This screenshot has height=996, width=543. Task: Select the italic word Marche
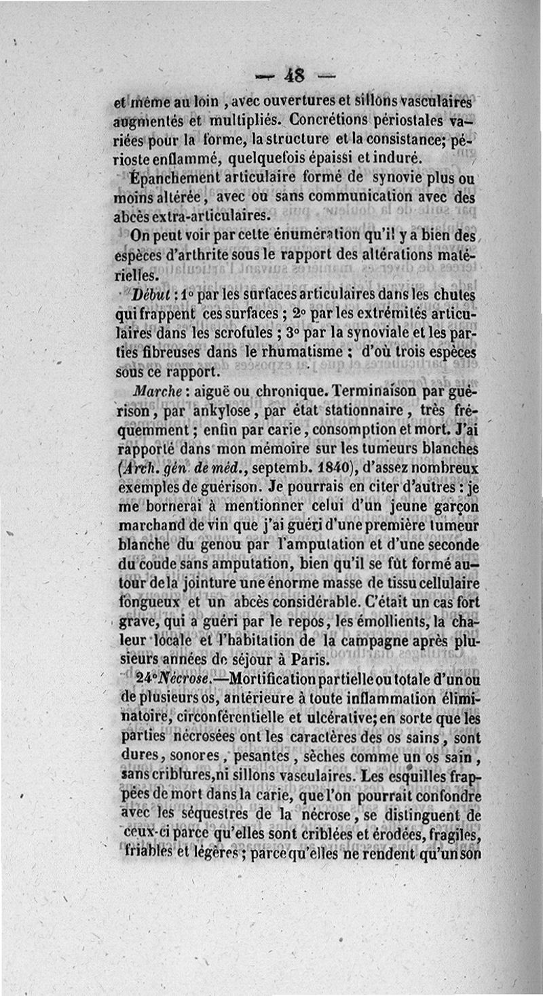point(159,394)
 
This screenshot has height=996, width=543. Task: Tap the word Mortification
point(282,678)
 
